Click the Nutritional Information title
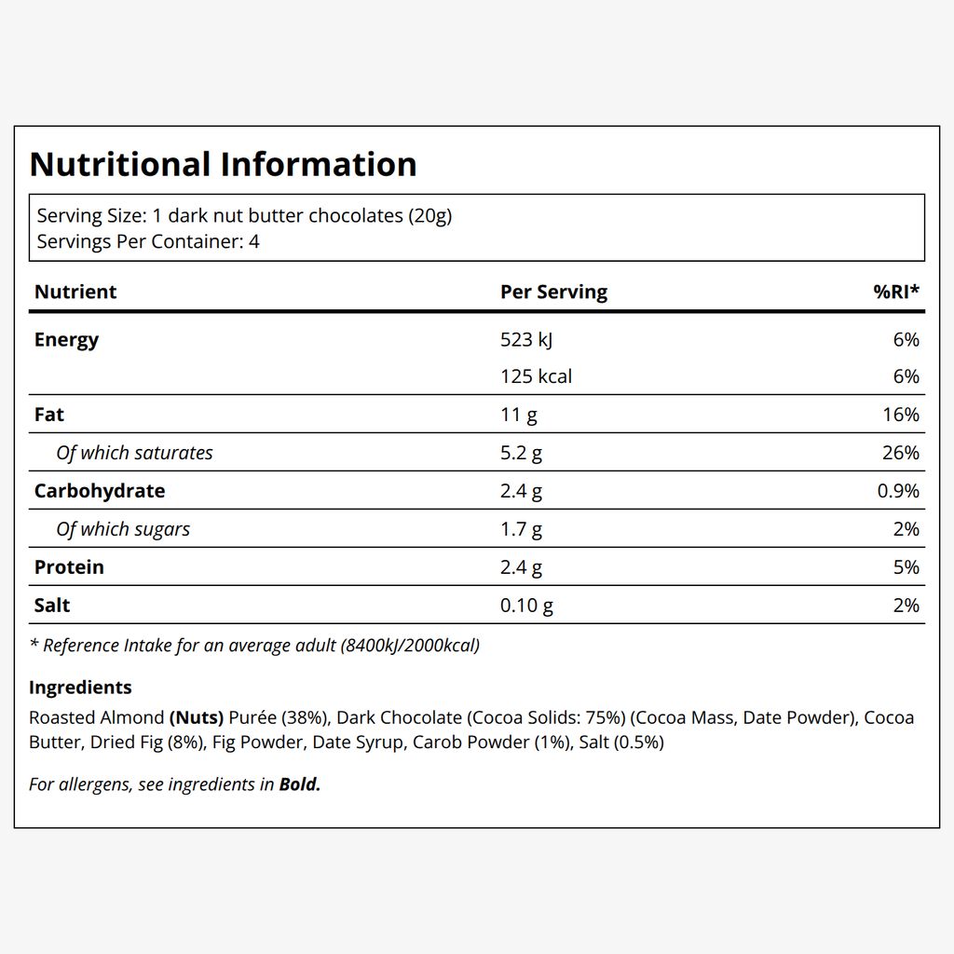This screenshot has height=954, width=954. [x=223, y=164]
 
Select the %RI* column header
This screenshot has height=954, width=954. [x=896, y=292]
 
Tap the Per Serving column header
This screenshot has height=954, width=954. [x=553, y=292]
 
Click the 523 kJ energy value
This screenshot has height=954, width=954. [x=526, y=339]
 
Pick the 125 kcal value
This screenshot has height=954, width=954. [x=536, y=376]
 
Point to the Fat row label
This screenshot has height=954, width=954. [x=49, y=415]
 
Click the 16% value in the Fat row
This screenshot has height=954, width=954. [x=901, y=415]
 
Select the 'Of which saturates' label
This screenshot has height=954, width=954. [x=134, y=453]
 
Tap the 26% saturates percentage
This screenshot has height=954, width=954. [x=901, y=453]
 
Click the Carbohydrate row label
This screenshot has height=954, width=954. [x=100, y=491]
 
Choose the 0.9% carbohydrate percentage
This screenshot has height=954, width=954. [x=898, y=491]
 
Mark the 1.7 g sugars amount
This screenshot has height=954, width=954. [x=521, y=529]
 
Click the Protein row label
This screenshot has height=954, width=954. [x=69, y=567]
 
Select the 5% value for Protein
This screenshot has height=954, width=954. [x=906, y=567]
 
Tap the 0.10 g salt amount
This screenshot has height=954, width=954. [x=527, y=606]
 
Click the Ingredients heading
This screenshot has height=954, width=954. [x=80, y=688]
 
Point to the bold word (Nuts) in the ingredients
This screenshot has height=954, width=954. [x=197, y=718]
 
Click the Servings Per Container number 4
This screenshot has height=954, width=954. [x=253, y=241]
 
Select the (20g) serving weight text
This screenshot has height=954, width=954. [x=430, y=216]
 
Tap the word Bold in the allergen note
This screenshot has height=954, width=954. [x=299, y=784]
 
